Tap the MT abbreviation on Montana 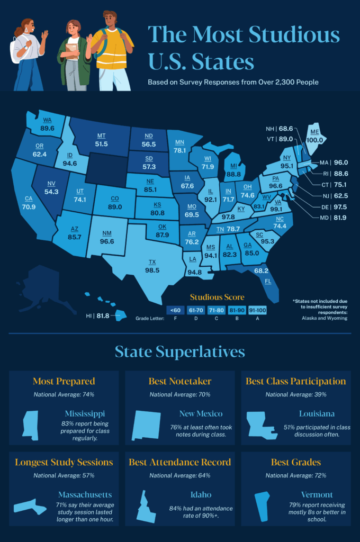(101, 135)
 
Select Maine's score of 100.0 (315, 140)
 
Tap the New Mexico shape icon (146, 425)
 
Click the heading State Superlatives (180, 351)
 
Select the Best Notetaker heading (180, 381)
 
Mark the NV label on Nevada (52, 184)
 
